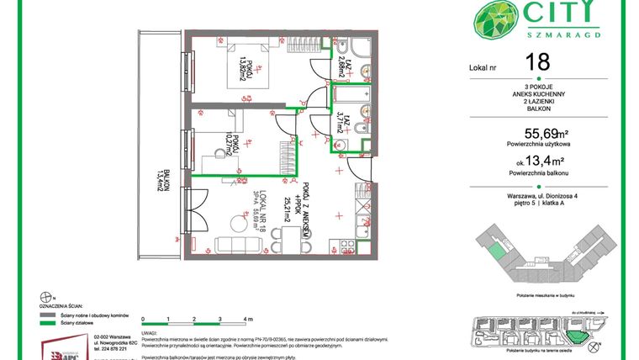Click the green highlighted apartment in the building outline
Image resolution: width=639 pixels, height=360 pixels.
(x=499, y=251)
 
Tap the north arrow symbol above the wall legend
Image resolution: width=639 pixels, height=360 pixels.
(x=44, y=296)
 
